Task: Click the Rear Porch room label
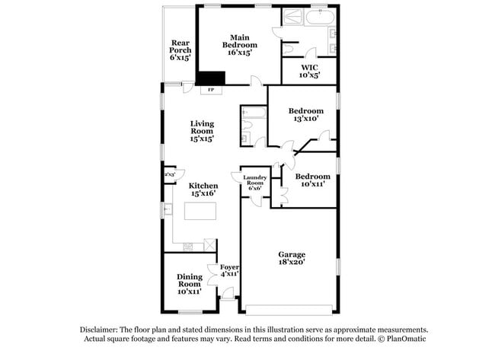coord(180,50)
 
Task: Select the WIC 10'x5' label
coord(310,71)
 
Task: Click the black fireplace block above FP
coord(212,78)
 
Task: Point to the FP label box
coord(211,91)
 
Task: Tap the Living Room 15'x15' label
coord(202,131)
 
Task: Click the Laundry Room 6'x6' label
coord(255,183)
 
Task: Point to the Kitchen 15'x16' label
coord(203,190)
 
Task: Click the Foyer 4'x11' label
coord(229,271)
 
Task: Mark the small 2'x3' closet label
coord(169,174)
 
